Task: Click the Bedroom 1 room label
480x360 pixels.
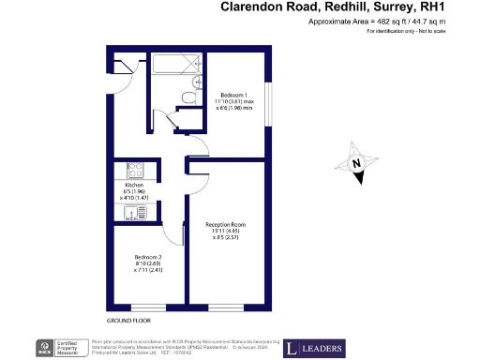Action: pyautogui.click(x=233, y=96)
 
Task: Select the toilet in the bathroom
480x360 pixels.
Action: pyautogui.click(x=188, y=97)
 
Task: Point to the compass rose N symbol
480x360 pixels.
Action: pyautogui.click(x=357, y=164)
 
